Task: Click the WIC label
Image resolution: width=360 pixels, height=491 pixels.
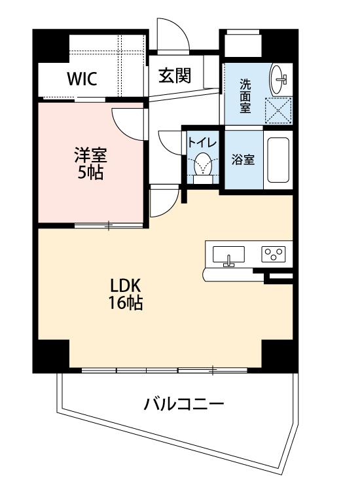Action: click(x=82, y=79)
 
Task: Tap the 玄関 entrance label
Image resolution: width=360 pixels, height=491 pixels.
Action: click(x=175, y=75)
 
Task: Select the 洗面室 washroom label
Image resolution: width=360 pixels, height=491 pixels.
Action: click(x=245, y=96)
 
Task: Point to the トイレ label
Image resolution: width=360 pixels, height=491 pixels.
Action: click(x=202, y=143)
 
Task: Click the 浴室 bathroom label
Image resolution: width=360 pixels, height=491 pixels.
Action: click(x=243, y=160)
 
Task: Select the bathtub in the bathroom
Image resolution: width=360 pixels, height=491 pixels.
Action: click(x=278, y=160)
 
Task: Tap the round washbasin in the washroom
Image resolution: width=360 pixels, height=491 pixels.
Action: click(x=279, y=79)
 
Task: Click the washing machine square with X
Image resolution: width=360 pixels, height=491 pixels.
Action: click(x=278, y=111)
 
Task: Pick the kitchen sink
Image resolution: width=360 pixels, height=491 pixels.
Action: click(x=228, y=255)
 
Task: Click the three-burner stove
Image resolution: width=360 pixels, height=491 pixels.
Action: click(x=274, y=253)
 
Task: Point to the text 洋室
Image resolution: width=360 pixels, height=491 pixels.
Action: click(x=90, y=155)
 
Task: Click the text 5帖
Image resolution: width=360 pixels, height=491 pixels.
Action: click(x=90, y=172)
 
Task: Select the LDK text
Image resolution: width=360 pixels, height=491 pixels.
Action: click(x=125, y=285)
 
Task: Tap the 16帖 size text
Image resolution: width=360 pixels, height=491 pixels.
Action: click(x=126, y=302)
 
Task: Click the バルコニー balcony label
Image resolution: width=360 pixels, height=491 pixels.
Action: click(x=184, y=404)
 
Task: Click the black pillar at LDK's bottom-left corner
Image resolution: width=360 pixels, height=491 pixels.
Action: click(x=51, y=356)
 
